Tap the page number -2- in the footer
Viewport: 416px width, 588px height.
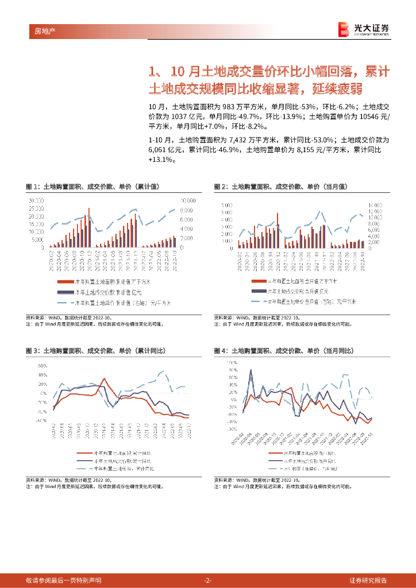(208, 580)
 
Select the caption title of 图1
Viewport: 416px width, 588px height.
(93, 187)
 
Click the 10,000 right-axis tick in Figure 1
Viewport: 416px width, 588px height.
(189, 200)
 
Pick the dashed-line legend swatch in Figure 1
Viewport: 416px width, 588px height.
(64, 301)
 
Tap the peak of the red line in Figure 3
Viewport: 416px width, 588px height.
(104, 378)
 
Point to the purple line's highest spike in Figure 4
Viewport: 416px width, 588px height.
(251, 370)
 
